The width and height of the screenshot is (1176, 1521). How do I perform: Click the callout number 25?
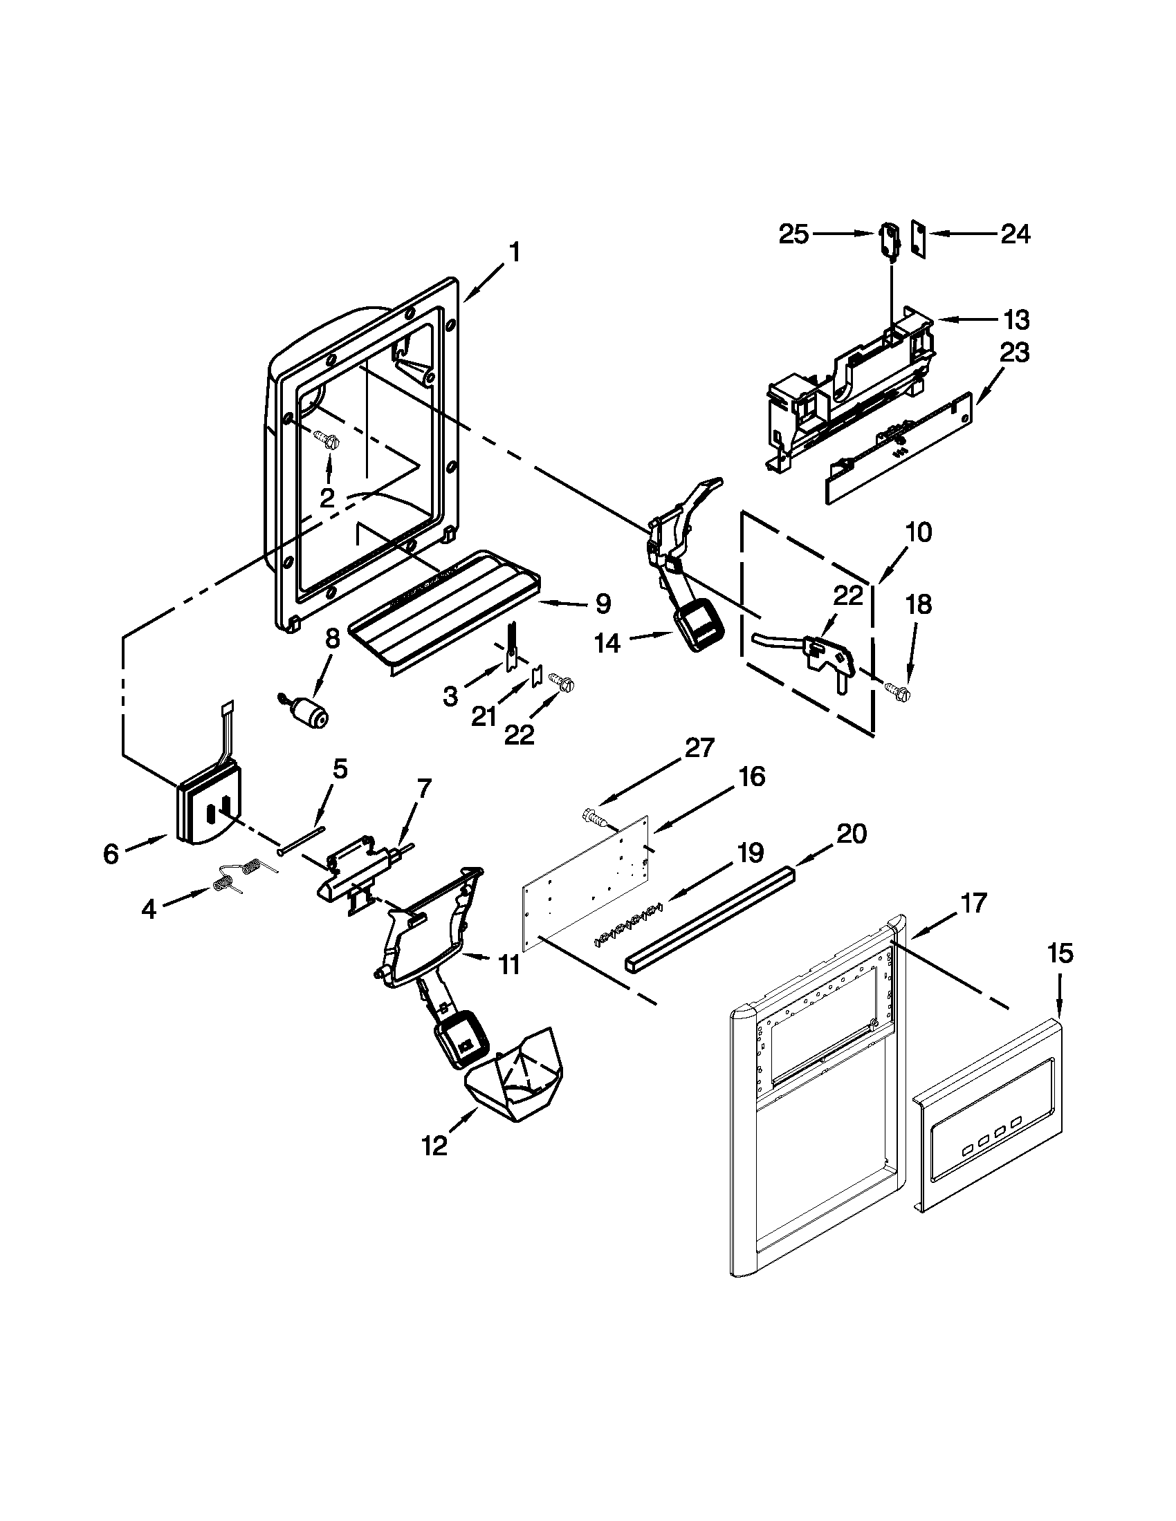(793, 234)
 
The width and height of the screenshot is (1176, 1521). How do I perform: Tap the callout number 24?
(1015, 234)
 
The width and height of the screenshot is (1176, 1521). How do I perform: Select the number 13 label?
(1016, 320)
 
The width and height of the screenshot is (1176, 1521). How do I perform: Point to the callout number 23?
(1014, 353)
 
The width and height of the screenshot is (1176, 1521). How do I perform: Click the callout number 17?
(973, 904)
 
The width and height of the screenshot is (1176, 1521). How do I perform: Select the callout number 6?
(111, 854)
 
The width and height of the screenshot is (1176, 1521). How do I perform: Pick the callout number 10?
(919, 533)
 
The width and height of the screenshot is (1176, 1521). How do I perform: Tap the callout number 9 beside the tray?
(603, 603)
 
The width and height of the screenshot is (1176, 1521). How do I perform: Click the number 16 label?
(752, 776)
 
